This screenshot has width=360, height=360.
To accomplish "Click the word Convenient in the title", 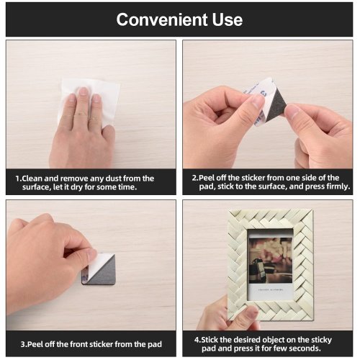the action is (162, 19).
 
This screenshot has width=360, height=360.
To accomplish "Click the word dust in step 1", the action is (113, 179).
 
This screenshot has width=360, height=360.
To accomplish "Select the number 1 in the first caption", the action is (17, 179).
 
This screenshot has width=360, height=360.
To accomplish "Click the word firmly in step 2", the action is (338, 186).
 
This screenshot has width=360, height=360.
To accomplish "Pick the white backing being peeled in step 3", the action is (98, 262).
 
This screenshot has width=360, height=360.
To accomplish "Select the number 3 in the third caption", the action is (22, 344).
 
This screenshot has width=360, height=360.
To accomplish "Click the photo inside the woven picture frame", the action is (271, 260).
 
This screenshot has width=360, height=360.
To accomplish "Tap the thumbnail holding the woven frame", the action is (252, 312).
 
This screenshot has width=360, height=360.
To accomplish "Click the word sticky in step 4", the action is (321, 340).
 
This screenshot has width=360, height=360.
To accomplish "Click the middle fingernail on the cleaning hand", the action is (84, 91).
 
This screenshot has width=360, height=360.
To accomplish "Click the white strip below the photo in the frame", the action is (271, 290).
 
